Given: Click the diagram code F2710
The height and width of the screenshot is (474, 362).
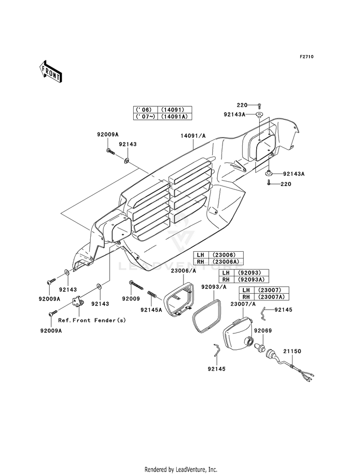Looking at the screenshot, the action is tap(306, 57).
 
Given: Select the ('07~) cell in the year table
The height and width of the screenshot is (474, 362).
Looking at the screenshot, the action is tap(146, 116).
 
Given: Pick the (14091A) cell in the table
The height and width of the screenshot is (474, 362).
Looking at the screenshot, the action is tap(175, 116).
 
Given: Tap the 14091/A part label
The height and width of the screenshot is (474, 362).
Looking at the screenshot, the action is tap(193, 136).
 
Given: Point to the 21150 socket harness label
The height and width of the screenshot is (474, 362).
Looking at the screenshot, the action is tap(292, 351).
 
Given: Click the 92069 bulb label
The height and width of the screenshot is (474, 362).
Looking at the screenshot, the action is tap(263, 330).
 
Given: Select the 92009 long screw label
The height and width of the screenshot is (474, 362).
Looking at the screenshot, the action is tap(131, 299).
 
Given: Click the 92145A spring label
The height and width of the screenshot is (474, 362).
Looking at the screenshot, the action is tap(151, 310).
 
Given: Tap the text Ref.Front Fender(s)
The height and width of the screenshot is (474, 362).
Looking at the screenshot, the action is tap(92, 320).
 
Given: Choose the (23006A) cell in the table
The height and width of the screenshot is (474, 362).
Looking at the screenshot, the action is tap(226, 261).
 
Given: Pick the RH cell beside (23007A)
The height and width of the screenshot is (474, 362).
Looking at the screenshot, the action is tap(246, 297).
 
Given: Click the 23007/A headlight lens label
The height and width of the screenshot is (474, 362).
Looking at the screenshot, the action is tap(243, 304).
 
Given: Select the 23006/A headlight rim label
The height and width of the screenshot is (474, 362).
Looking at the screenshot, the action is tap(183, 271).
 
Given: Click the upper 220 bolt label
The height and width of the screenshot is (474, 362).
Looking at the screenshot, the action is tap(242, 105).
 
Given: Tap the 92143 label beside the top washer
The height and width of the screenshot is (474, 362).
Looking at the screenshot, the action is tap(127, 144).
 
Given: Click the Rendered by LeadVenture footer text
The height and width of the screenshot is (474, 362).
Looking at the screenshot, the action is tap(181, 470).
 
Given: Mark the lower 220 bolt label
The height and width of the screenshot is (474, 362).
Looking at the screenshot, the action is tap(286, 184).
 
